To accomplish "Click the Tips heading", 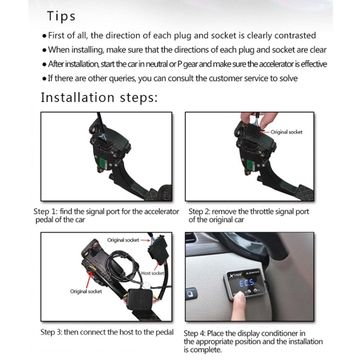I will [x=61, y=16].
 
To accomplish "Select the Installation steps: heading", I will [x=99, y=97].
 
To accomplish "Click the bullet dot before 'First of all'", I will [x=45, y=36].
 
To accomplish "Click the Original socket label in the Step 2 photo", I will [x=287, y=132].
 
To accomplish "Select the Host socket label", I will [x=153, y=273].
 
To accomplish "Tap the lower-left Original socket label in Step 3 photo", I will [x=86, y=291].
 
